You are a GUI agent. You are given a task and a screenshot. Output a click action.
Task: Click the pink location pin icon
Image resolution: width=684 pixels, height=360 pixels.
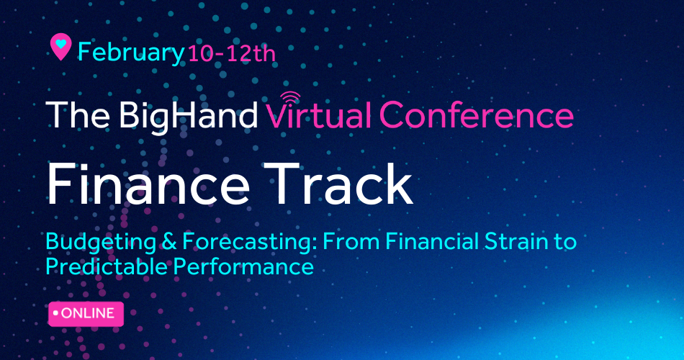pyautogui.click(x=60, y=47)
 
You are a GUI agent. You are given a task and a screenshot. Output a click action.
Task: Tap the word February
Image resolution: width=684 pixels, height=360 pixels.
pyautogui.click(x=131, y=53)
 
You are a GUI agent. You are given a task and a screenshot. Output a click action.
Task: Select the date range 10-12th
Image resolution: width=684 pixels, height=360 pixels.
pyautogui.click(x=232, y=54)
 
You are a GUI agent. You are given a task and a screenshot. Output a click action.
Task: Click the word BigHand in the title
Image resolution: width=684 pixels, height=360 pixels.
pyautogui.click(x=189, y=114)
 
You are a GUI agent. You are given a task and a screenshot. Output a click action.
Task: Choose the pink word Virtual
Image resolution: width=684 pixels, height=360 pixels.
pyautogui.click(x=319, y=114)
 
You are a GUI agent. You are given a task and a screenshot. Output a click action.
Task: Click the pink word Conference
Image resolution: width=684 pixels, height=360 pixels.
pyautogui.click(x=477, y=114)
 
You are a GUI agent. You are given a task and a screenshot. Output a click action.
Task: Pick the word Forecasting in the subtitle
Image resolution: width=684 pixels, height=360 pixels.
pyautogui.click(x=251, y=243)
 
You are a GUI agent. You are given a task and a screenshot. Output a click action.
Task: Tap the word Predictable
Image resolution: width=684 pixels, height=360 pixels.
pyautogui.click(x=107, y=266)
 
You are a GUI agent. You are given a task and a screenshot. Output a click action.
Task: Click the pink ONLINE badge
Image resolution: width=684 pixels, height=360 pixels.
pyautogui.click(x=86, y=314)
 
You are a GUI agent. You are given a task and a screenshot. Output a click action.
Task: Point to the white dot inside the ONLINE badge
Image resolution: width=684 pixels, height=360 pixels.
pyautogui.click(x=55, y=313)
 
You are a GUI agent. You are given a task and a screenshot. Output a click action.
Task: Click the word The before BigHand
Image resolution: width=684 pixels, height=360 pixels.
pyautogui.click(x=78, y=114)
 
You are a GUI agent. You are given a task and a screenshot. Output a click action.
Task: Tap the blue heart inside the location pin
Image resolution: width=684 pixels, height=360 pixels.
pyautogui.click(x=60, y=44)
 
